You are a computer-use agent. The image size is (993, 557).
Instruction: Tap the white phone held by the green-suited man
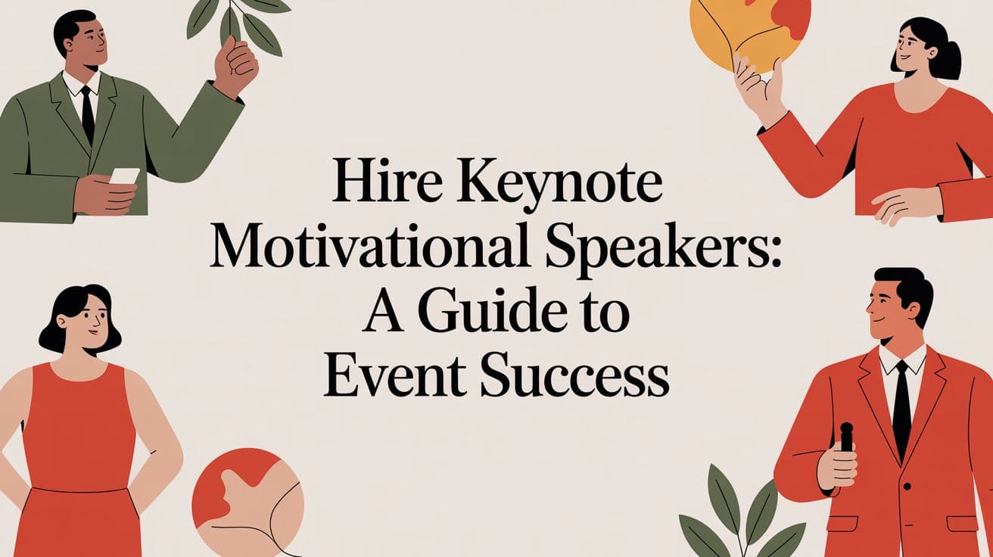click(x=125, y=176)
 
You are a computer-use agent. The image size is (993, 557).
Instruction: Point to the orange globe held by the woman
click(x=749, y=30)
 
